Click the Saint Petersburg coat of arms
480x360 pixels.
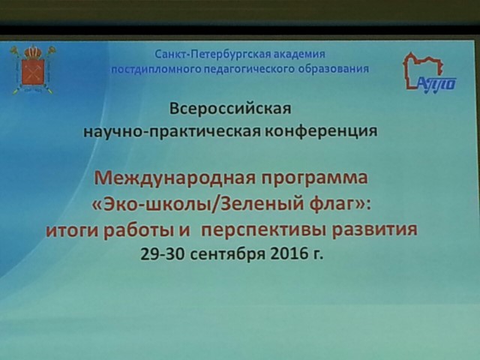point(33,70)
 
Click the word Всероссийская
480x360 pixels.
point(230,109)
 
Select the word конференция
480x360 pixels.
point(320,131)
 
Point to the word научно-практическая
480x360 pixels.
point(172,132)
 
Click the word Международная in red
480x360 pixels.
point(175,178)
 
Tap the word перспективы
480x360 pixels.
point(263,231)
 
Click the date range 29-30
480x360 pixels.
point(162,253)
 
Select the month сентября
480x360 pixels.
point(227,255)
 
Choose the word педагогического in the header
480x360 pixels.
point(250,70)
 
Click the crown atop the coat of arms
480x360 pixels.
point(33,52)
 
